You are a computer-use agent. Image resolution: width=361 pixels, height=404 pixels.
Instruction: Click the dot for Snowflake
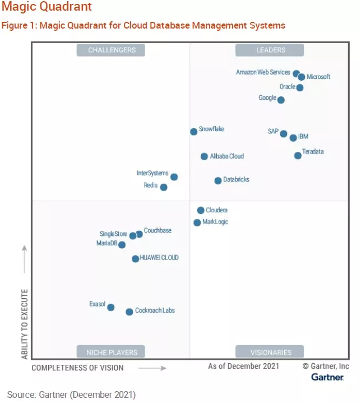pos(194,132)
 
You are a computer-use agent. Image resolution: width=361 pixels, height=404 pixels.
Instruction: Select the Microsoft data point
pos(302,77)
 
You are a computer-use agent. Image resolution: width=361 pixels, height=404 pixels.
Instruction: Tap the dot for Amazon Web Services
pos(296,73)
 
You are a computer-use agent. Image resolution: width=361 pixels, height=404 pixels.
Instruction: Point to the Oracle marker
pos(300,87)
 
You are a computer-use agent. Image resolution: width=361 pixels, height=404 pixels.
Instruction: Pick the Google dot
pos(281,100)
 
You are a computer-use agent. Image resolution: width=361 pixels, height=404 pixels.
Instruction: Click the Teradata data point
pos(298,155)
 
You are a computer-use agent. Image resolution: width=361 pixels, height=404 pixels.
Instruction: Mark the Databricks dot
pos(218,180)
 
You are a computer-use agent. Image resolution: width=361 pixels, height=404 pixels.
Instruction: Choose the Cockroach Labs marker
pos(129,312)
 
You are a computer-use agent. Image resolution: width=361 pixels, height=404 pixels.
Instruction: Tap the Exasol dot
pos(111,307)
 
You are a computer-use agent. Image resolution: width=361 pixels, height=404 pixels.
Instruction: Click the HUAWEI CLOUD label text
pos(159,258)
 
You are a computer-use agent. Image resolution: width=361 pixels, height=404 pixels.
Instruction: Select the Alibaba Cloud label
pos(227,156)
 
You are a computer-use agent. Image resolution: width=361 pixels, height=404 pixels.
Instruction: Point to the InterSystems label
pos(152,174)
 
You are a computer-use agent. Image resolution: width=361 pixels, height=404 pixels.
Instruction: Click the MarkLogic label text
pos(215,222)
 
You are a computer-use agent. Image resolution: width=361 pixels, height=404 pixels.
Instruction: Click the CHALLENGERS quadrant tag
pos(112,50)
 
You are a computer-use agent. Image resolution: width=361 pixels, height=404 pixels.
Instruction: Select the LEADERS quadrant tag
pos(270,50)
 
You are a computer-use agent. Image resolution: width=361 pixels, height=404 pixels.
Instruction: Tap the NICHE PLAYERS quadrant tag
pos(112,352)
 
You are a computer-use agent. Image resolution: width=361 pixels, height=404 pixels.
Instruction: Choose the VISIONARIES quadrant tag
pos(271,352)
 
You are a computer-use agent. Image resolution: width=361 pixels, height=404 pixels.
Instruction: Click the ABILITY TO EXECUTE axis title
pos(25,324)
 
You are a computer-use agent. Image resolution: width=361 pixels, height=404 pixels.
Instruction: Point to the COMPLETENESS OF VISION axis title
pos(77,368)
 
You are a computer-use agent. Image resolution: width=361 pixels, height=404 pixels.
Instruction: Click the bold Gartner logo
pos(327,377)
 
